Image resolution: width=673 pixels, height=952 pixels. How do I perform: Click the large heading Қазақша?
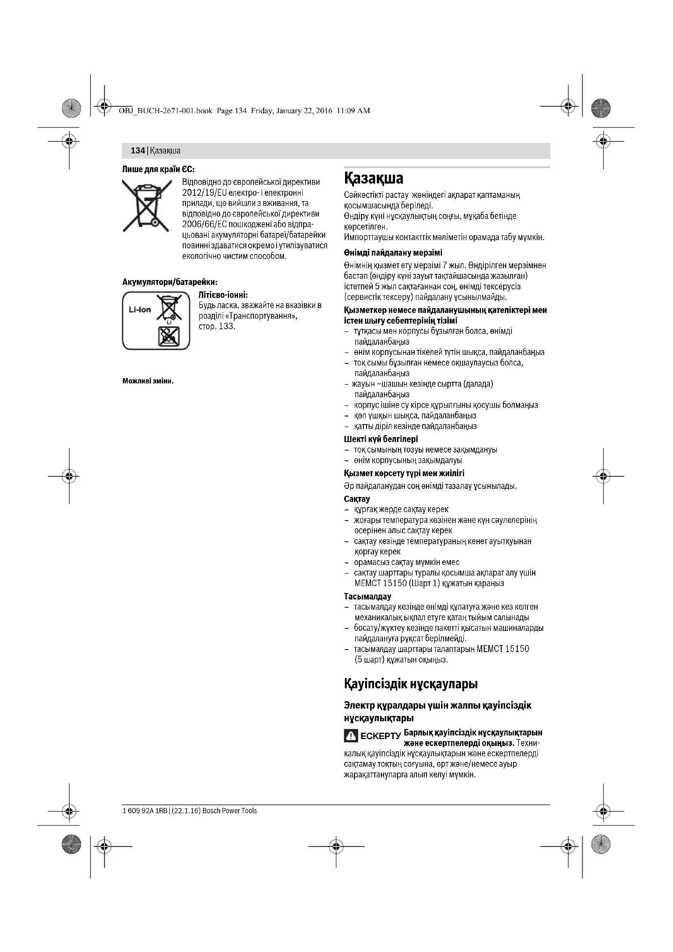374,179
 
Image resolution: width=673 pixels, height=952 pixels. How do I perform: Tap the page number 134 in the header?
137,151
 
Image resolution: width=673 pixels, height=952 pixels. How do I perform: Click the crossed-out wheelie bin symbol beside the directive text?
146,205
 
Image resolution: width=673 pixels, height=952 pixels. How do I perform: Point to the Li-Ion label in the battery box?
140,310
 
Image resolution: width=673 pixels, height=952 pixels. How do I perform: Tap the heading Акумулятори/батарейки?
170,282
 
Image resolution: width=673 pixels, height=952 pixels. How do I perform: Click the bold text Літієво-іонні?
223,295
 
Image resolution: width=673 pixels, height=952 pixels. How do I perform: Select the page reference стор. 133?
217,326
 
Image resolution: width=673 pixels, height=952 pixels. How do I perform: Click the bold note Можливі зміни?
148,381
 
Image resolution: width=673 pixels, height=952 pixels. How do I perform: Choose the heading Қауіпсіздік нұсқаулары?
411,684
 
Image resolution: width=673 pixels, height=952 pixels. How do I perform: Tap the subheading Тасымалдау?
367,597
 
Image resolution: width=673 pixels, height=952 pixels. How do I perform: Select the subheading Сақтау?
357,499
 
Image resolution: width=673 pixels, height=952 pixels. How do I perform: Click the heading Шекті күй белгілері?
381,439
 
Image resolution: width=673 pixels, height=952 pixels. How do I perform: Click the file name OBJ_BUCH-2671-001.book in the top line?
165,111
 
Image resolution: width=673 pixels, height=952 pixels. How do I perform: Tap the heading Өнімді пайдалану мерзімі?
393,253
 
